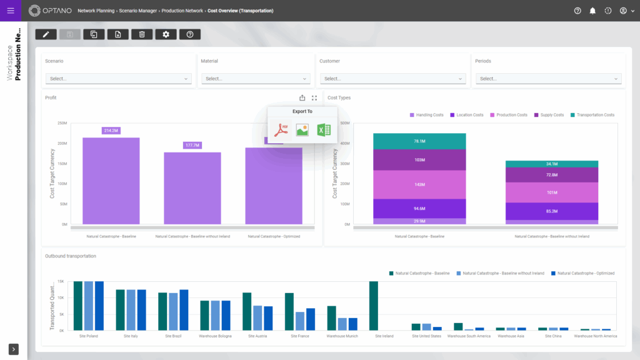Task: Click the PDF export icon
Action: tap(281, 129)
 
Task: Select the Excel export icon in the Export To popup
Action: tap(323, 129)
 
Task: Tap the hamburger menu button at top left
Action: tap(10, 11)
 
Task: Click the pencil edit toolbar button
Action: tap(46, 34)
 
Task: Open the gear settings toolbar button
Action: tap(166, 34)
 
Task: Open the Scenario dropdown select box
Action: tap(118, 79)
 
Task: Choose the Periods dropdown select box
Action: tap(548, 79)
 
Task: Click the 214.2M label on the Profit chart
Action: tap(111, 131)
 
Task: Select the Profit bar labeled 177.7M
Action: tap(192, 187)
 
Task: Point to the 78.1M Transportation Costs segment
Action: tap(419, 141)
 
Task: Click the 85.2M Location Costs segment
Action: tap(551, 211)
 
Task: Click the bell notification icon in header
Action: tap(592, 11)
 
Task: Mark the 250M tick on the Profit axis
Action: tap(62, 123)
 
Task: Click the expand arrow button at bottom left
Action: tap(14, 349)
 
